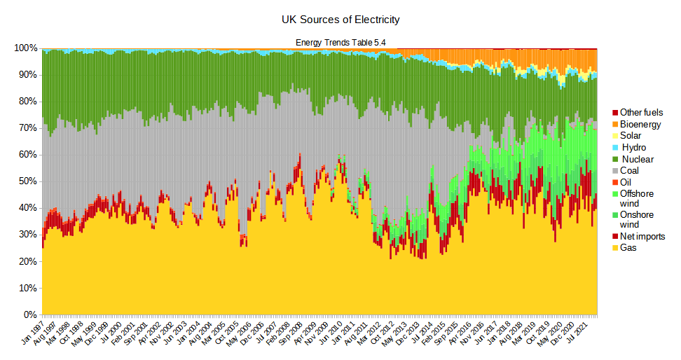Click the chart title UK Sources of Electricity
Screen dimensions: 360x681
pos(340,19)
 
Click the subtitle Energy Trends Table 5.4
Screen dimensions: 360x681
pos(340,43)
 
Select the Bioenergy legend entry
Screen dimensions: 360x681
pos(640,125)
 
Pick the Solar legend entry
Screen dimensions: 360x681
pos(633,136)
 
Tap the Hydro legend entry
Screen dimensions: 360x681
pos(634,147)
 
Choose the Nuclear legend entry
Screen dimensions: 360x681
pos(638,159)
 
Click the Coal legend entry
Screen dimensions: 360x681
pos(631,170)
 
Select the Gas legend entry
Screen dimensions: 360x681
pos(630,248)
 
